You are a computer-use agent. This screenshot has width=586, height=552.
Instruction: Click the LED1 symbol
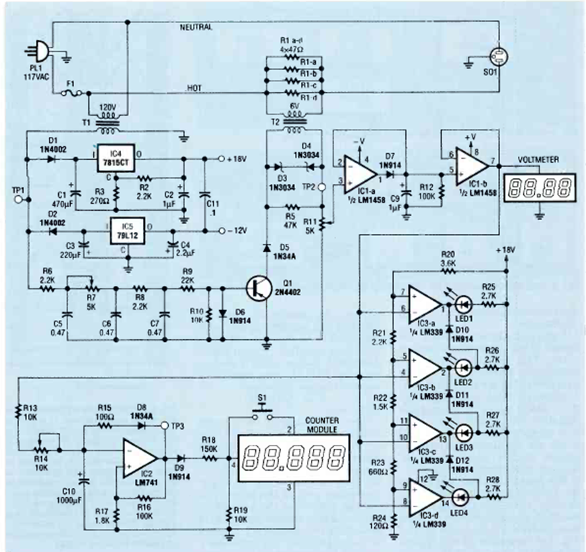[463, 305]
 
